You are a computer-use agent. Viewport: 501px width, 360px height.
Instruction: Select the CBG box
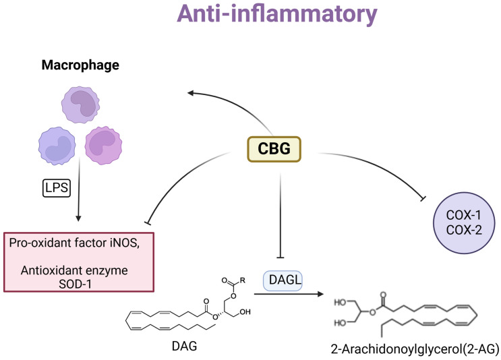(274, 148)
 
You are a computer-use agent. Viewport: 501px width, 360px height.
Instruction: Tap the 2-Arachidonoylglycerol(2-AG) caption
(415, 348)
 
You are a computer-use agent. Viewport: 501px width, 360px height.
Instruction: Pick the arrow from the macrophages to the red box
(79, 202)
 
